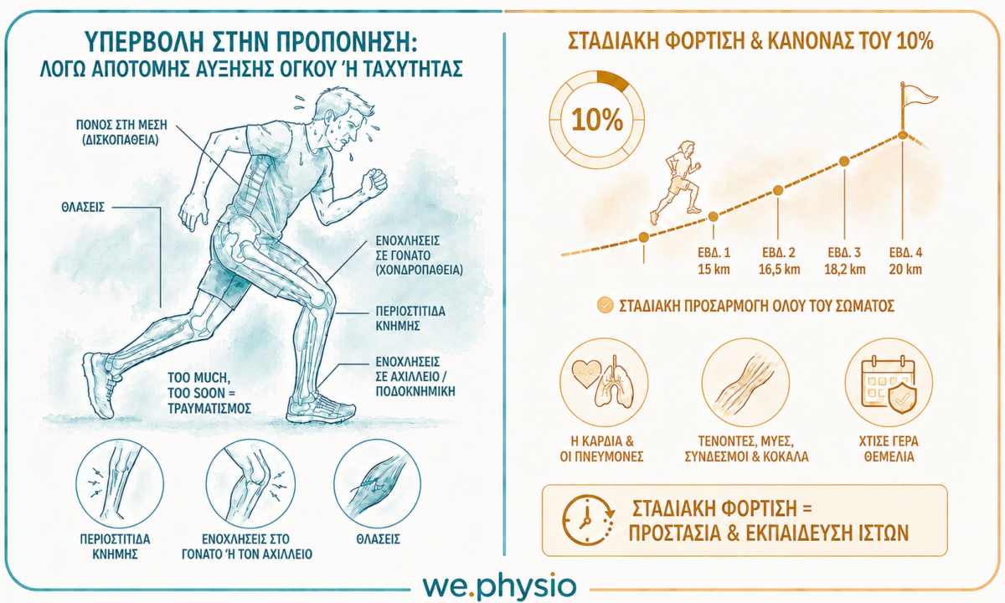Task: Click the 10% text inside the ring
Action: coord(597,121)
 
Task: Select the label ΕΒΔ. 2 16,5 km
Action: coord(780,260)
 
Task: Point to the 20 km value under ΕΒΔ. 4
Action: coord(906,269)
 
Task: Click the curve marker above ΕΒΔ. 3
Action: coord(844,161)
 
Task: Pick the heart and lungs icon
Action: coord(604,382)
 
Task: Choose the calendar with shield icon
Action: coord(889,384)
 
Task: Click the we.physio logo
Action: coord(499,586)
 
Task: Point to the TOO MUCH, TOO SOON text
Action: coord(198,385)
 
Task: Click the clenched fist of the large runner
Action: coord(374,182)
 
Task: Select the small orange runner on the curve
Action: coord(676,182)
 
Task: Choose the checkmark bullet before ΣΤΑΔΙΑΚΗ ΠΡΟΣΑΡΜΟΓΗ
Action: coord(606,306)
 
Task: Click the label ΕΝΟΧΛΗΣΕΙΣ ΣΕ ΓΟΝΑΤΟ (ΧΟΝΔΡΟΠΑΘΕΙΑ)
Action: coord(420,255)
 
